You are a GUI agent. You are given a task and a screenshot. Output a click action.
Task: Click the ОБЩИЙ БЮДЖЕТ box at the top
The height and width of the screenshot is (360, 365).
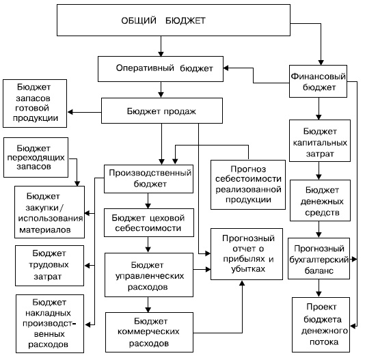174,20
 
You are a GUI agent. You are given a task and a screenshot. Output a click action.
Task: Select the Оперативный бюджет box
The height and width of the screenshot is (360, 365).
161,69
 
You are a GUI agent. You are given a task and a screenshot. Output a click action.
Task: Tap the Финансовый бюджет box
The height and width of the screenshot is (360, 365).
318,81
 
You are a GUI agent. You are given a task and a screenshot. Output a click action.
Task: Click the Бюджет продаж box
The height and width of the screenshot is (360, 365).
162,111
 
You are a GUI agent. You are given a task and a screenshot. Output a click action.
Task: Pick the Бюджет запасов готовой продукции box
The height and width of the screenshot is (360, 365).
35,103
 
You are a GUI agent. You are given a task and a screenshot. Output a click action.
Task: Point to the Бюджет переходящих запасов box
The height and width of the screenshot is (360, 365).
36,157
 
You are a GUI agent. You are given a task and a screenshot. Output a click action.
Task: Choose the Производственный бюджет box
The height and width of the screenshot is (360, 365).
148,179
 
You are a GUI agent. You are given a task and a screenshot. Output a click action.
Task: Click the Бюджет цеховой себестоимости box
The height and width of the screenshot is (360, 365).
149,223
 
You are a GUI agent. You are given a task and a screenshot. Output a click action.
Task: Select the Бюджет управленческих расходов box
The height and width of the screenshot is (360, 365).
149,275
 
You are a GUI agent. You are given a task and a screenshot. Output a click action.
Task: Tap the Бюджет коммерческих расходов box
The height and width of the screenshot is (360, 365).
149,332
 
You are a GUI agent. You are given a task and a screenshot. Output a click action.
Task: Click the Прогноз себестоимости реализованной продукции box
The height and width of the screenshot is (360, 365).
248,184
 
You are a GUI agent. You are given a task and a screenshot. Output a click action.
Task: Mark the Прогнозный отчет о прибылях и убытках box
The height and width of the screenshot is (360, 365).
247,254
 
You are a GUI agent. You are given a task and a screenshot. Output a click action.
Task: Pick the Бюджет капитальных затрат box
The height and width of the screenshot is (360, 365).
320,141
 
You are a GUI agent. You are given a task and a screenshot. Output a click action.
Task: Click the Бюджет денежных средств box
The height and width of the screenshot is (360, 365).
320,200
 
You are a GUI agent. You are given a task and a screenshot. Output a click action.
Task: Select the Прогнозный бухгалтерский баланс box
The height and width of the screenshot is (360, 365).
319,258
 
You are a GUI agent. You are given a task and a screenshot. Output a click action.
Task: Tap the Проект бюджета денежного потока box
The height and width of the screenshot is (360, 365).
321,324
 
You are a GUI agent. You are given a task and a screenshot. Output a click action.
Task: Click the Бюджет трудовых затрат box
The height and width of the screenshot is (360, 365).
50,266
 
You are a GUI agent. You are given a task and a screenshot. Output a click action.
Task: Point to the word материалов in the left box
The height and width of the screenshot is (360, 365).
45,230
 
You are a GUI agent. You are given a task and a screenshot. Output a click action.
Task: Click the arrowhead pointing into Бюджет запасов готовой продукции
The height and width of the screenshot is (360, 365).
70,112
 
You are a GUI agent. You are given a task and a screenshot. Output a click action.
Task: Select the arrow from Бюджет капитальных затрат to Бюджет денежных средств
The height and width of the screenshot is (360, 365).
319,171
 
